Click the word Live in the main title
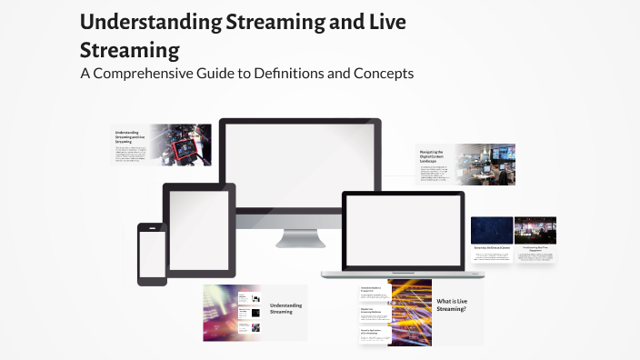(382, 22)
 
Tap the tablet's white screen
(198, 229)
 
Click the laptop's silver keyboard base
(403, 272)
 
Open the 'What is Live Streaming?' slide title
(451, 305)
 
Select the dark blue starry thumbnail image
(492, 230)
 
